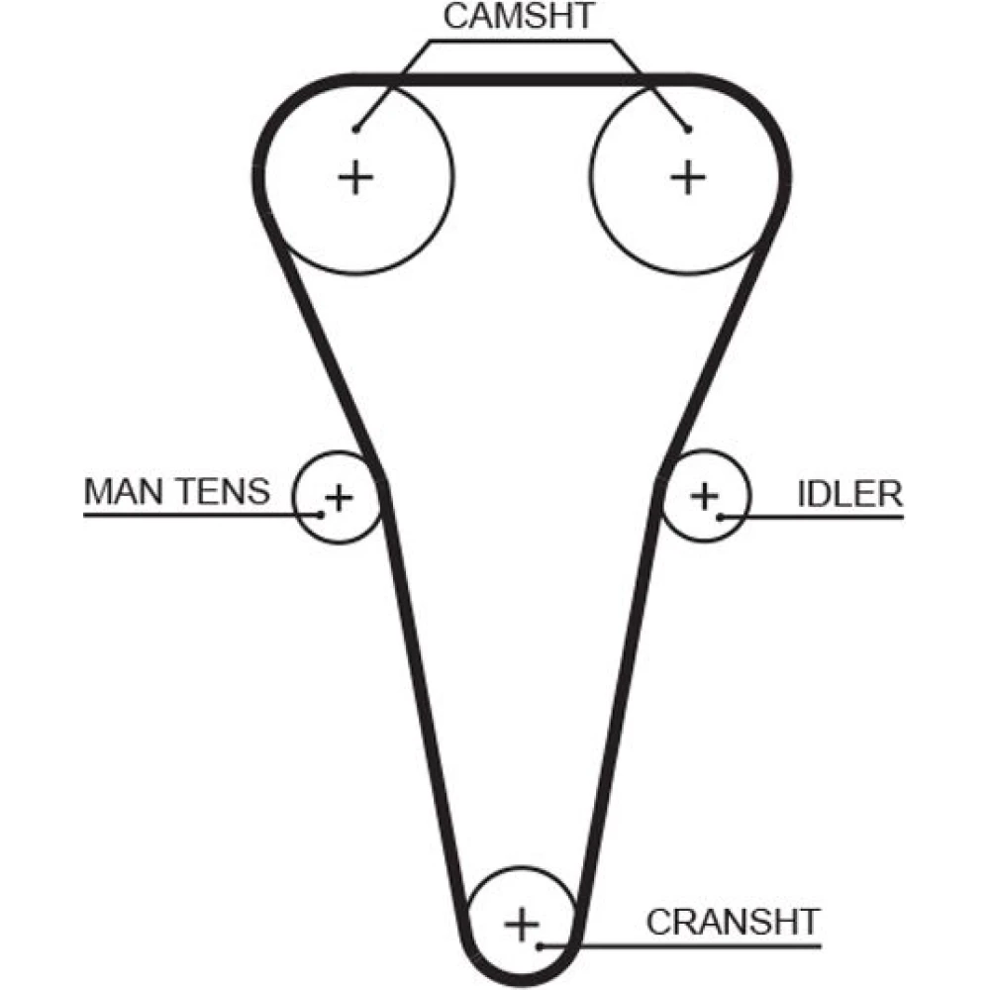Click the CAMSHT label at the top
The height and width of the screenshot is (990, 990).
tap(519, 17)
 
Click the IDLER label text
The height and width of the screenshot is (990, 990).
tap(849, 493)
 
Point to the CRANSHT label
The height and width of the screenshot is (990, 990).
tap(733, 922)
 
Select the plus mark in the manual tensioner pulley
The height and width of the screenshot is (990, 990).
tap(338, 496)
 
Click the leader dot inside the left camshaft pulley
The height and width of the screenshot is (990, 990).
tap(355, 129)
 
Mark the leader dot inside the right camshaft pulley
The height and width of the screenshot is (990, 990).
tap(687, 129)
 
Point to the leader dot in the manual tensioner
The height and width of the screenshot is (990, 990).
tap(320, 514)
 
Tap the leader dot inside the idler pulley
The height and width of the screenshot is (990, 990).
tap(722, 515)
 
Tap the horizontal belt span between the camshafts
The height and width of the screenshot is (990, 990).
tap(520, 79)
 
